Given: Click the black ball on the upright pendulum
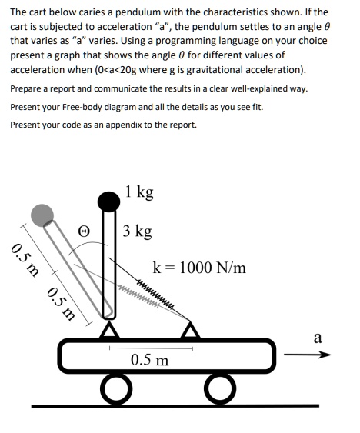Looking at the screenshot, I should tap(108, 202).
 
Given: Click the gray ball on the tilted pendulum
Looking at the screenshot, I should tap(42, 213).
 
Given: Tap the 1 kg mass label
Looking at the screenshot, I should tap(139, 192).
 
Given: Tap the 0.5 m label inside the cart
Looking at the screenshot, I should tap(150, 360).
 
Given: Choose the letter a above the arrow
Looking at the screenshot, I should tap(318, 338).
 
